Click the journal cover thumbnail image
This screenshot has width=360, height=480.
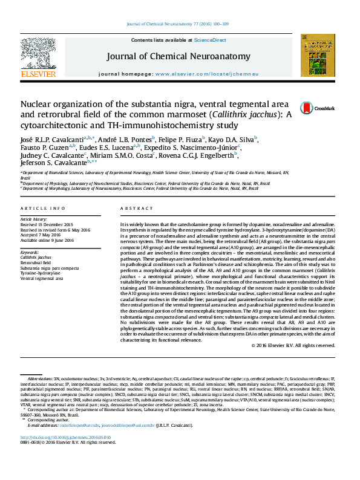tap(316, 55)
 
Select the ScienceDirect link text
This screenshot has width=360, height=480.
tap(210, 40)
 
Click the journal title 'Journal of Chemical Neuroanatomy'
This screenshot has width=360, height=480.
tap(178, 56)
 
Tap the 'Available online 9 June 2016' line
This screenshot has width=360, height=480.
tap(47, 240)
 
